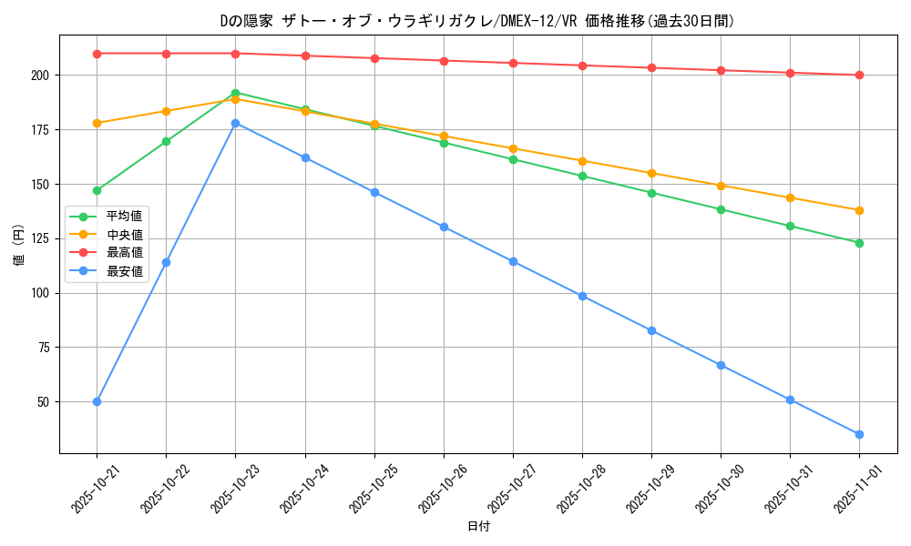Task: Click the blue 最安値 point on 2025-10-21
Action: tap(97, 401)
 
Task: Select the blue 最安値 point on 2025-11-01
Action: tap(859, 434)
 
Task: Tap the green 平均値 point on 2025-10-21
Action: tap(97, 190)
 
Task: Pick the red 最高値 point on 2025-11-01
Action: tap(859, 75)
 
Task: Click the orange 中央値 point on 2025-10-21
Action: tap(97, 123)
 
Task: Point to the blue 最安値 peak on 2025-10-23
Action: tap(235, 123)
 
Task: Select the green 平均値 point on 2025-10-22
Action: tap(166, 141)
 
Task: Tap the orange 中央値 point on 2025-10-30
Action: tap(721, 186)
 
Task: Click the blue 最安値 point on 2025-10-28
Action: tap(582, 296)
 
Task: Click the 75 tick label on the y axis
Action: tap(44, 348)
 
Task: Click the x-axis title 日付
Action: tap(478, 527)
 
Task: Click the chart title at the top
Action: tap(478, 20)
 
